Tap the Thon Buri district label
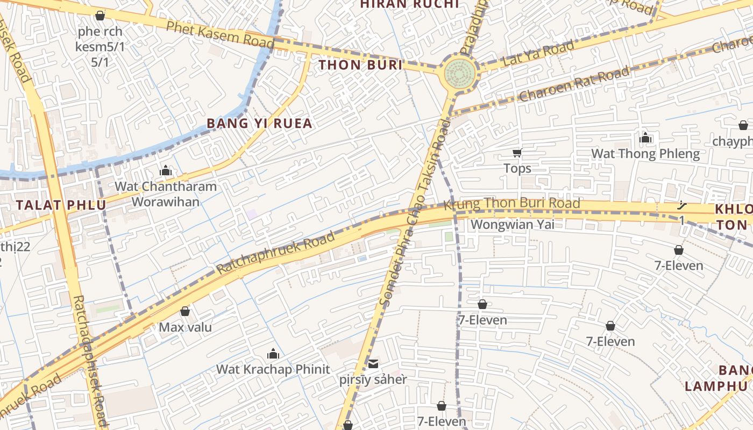[360, 66]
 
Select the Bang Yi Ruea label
[259, 124]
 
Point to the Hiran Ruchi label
[409, 4]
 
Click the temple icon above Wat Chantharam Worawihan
[166, 171]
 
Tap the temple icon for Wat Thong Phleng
[645, 138]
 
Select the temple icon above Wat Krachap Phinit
[273, 353]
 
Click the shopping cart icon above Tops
[517, 153]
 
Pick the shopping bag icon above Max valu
[185, 311]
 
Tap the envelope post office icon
[373, 364]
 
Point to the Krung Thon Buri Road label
[512, 204]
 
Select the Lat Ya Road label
[538, 54]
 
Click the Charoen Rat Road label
[574, 84]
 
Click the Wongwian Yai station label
[512, 224]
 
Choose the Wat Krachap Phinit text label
[273, 369]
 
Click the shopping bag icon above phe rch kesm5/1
[100, 16]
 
